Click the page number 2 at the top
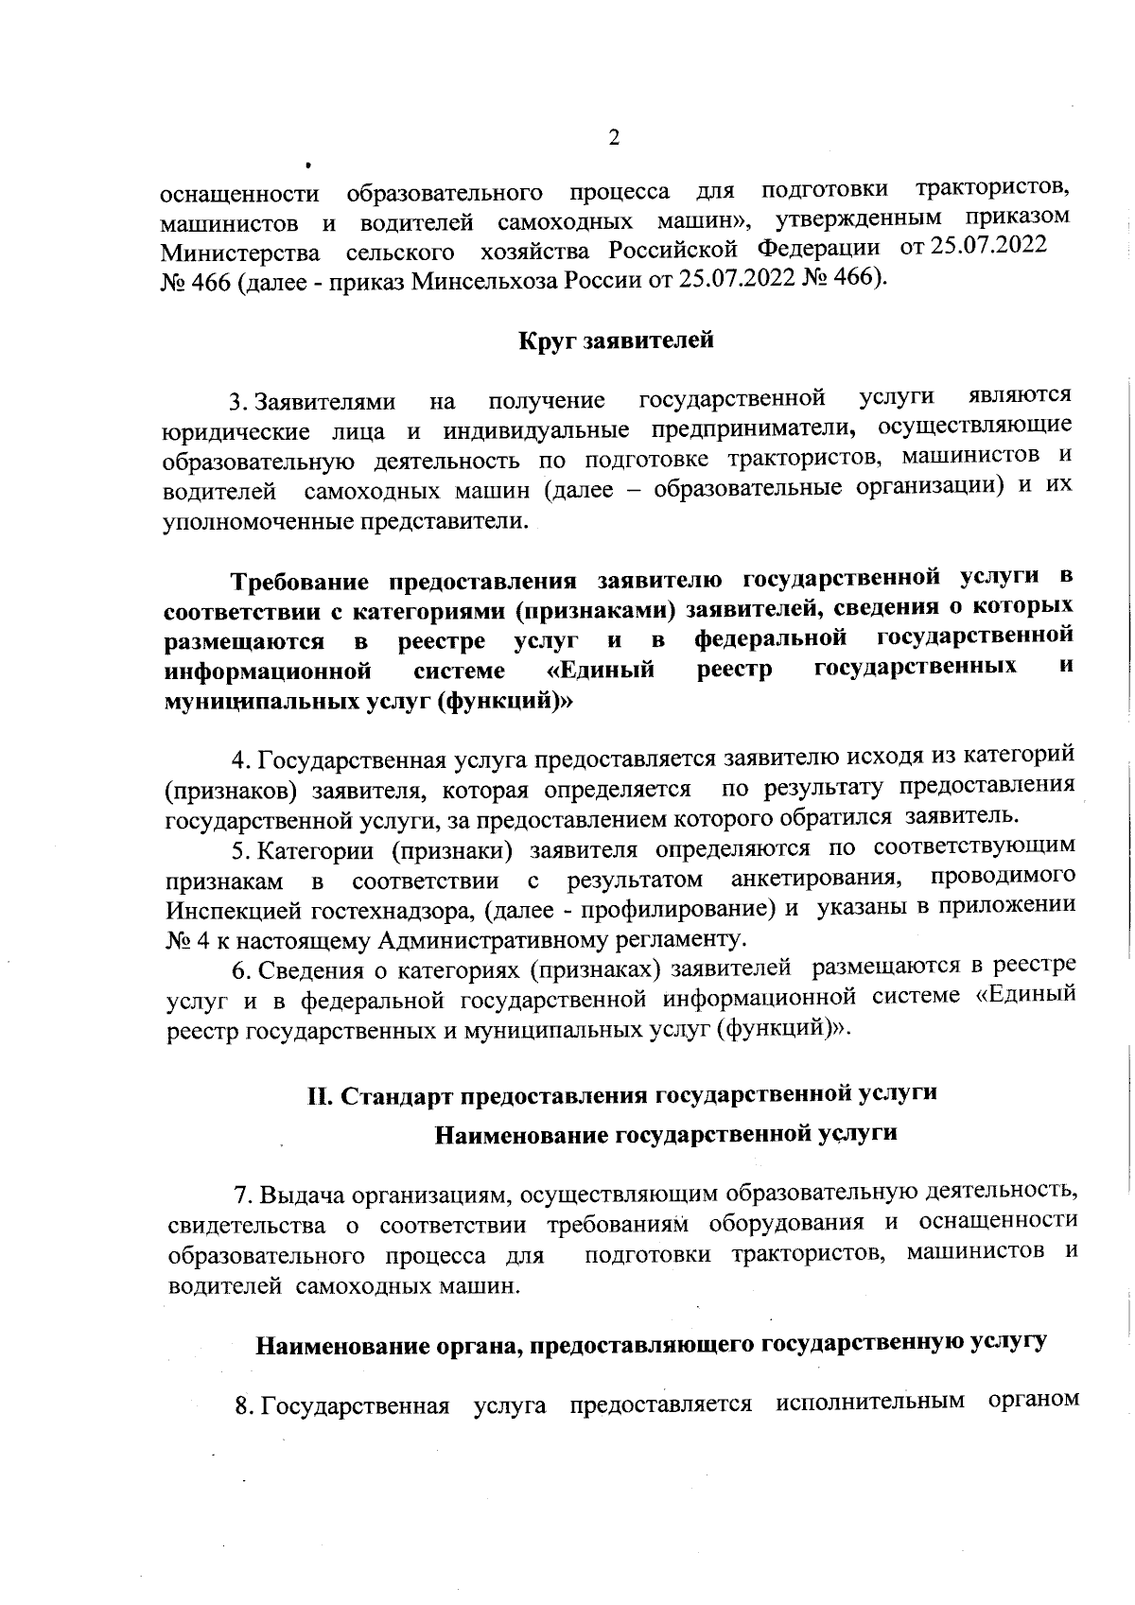click(x=614, y=138)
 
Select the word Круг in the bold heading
click(x=547, y=340)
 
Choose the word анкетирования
click(x=814, y=879)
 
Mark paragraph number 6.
click(x=240, y=970)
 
